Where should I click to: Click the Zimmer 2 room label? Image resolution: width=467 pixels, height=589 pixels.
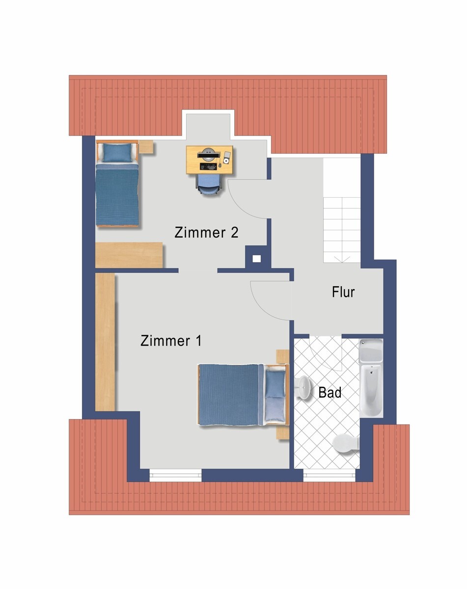point(206,232)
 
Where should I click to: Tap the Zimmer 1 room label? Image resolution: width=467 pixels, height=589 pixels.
point(171,341)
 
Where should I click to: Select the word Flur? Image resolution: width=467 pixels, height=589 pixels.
point(343,293)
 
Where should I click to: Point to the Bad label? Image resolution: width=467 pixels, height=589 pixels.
point(330,393)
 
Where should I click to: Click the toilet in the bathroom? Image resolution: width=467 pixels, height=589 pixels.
point(346,445)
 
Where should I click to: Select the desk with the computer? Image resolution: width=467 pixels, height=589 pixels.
point(210,160)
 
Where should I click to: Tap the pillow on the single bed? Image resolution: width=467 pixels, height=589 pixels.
point(118,152)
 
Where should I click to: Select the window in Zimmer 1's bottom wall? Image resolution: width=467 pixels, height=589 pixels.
point(175,475)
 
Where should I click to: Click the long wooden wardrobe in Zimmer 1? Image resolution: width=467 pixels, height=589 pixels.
point(105,343)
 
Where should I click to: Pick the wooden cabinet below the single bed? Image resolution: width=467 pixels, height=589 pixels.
point(129,255)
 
